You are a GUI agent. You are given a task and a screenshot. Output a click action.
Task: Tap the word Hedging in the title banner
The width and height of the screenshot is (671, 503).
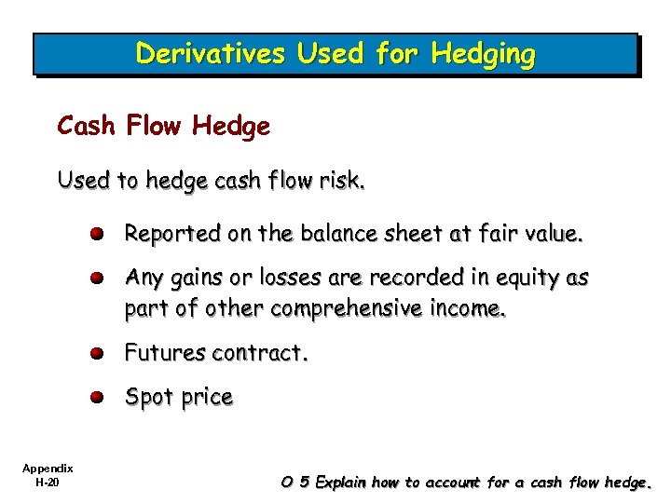pyautogui.click(x=483, y=55)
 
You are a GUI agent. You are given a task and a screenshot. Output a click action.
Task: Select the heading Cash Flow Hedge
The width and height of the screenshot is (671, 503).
pyautogui.click(x=164, y=125)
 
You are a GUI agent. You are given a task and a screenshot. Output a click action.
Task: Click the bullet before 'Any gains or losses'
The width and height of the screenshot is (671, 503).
pyautogui.click(x=97, y=279)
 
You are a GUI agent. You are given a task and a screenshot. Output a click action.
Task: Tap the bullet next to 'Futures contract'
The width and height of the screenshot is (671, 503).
pyautogui.click(x=97, y=354)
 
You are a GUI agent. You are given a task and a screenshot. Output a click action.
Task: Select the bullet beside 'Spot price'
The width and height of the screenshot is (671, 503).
pyautogui.click(x=97, y=397)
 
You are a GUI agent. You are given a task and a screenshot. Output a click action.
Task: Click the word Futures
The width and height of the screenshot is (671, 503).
pyautogui.click(x=165, y=353)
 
